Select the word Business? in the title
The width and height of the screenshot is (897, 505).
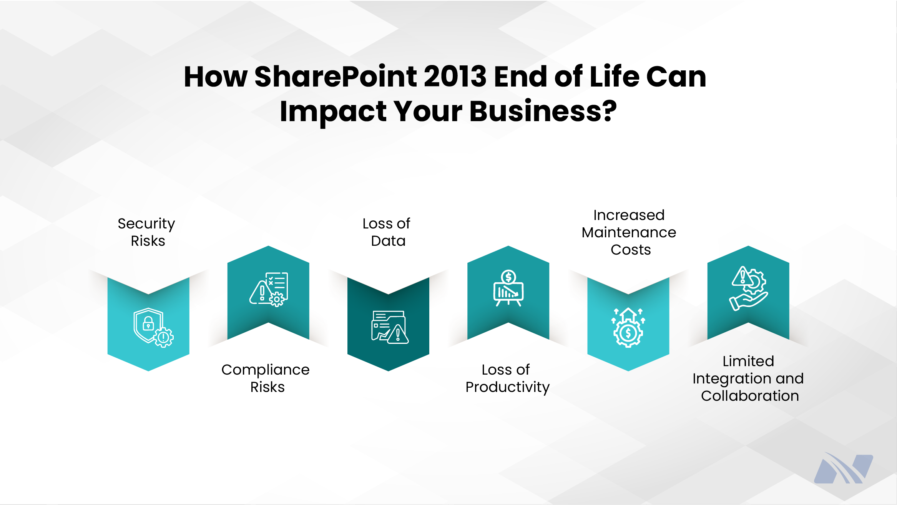pos(543,112)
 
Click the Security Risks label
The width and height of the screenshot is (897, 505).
pos(147,232)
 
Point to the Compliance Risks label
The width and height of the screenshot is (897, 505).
pos(266,378)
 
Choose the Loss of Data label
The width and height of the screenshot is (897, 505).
pos(387,232)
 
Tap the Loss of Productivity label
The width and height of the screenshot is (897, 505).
pos(507,378)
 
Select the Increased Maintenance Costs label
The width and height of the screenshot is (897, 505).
pos(629,232)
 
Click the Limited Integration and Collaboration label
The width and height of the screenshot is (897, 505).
pos(748,378)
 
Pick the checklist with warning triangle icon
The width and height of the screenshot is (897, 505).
pos(269,289)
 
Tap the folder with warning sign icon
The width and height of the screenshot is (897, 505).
pos(389,327)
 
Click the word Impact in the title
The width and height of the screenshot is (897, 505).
pos(333,112)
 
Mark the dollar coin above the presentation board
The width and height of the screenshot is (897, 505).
pos(508,277)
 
